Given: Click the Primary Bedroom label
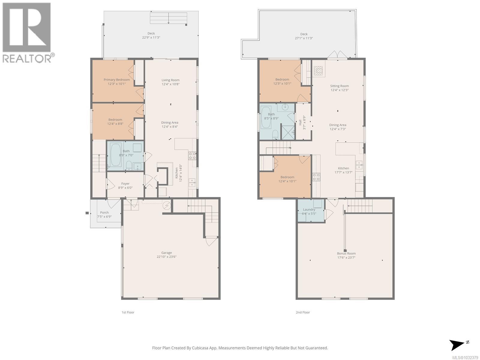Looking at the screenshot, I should [x=117, y=80].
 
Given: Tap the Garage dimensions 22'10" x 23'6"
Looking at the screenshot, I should [x=166, y=257].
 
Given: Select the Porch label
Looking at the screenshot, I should [x=104, y=213].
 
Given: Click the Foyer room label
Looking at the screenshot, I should [x=125, y=183].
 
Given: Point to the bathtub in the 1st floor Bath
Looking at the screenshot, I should [x=115, y=155].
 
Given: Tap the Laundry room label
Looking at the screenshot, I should [x=309, y=210].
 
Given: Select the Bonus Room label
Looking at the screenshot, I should [x=346, y=253].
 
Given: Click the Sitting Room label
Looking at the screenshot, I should [x=340, y=86].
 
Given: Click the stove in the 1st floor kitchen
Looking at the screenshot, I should [x=192, y=156].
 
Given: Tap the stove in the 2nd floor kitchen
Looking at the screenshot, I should [x=316, y=177].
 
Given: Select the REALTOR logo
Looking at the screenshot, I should [x=27, y=32].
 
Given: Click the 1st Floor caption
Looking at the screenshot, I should [x=128, y=312].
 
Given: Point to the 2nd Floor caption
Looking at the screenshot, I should [x=303, y=312].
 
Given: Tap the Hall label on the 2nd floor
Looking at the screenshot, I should [x=300, y=123].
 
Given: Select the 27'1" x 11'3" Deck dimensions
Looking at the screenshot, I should [x=304, y=38].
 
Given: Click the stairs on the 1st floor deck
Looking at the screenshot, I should [x=168, y=19].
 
